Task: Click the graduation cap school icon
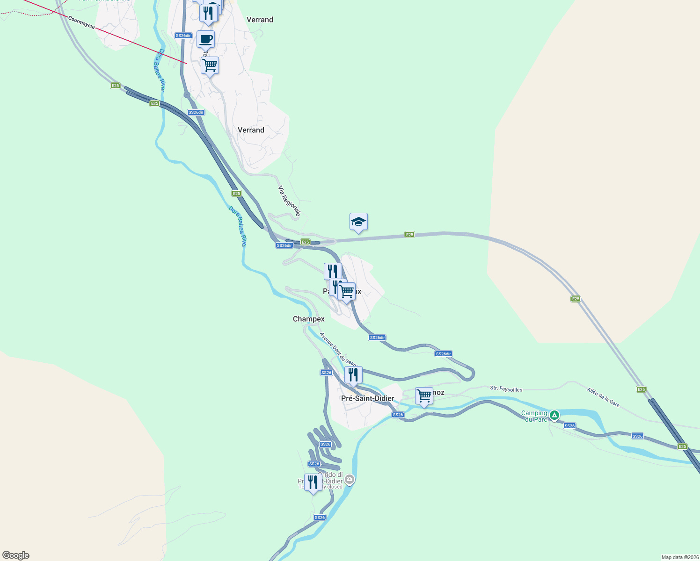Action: pyautogui.click(x=358, y=222)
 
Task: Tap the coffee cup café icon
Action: pyautogui.click(x=205, y=39)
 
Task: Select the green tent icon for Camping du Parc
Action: pyautogui.click(x=554, y=415)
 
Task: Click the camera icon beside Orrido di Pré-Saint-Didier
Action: pyautogui.click(x=350, y=479)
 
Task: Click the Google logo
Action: pyautogui.click(x=16, y=555)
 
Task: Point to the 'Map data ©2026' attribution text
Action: pyautogui.click(x=679, y=557)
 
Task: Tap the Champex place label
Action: pyautogui.click(x=308, y=319)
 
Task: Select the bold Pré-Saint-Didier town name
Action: pyautogui.click(x=367, y=398)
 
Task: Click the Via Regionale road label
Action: pyautogui.click(x=289, y=201)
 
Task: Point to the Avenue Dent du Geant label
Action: pyautogui.click(x=338, y=349)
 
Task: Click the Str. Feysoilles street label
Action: pyautogui.click(x=506, y=388)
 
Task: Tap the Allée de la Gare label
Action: pyautogui.click(x=603, y=397)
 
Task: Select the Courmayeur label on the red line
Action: pyautogui.click(x=81, y=23)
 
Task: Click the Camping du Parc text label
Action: pyautogui.click(x=534, y=416)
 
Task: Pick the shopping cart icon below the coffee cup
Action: pyautogui.click(x=210, y=65)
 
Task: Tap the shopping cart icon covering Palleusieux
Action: pyautogui.click(x=347, y=292)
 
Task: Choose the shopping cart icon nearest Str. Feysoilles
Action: pyautogui.click(x=424, y=396)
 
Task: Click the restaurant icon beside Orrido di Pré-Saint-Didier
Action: pyautogui.click(x=313, y=482)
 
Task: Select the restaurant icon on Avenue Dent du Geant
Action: pyautogui.click(x=353, y=375)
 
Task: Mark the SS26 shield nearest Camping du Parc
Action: pyautogui.click(x=569, y=426)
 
